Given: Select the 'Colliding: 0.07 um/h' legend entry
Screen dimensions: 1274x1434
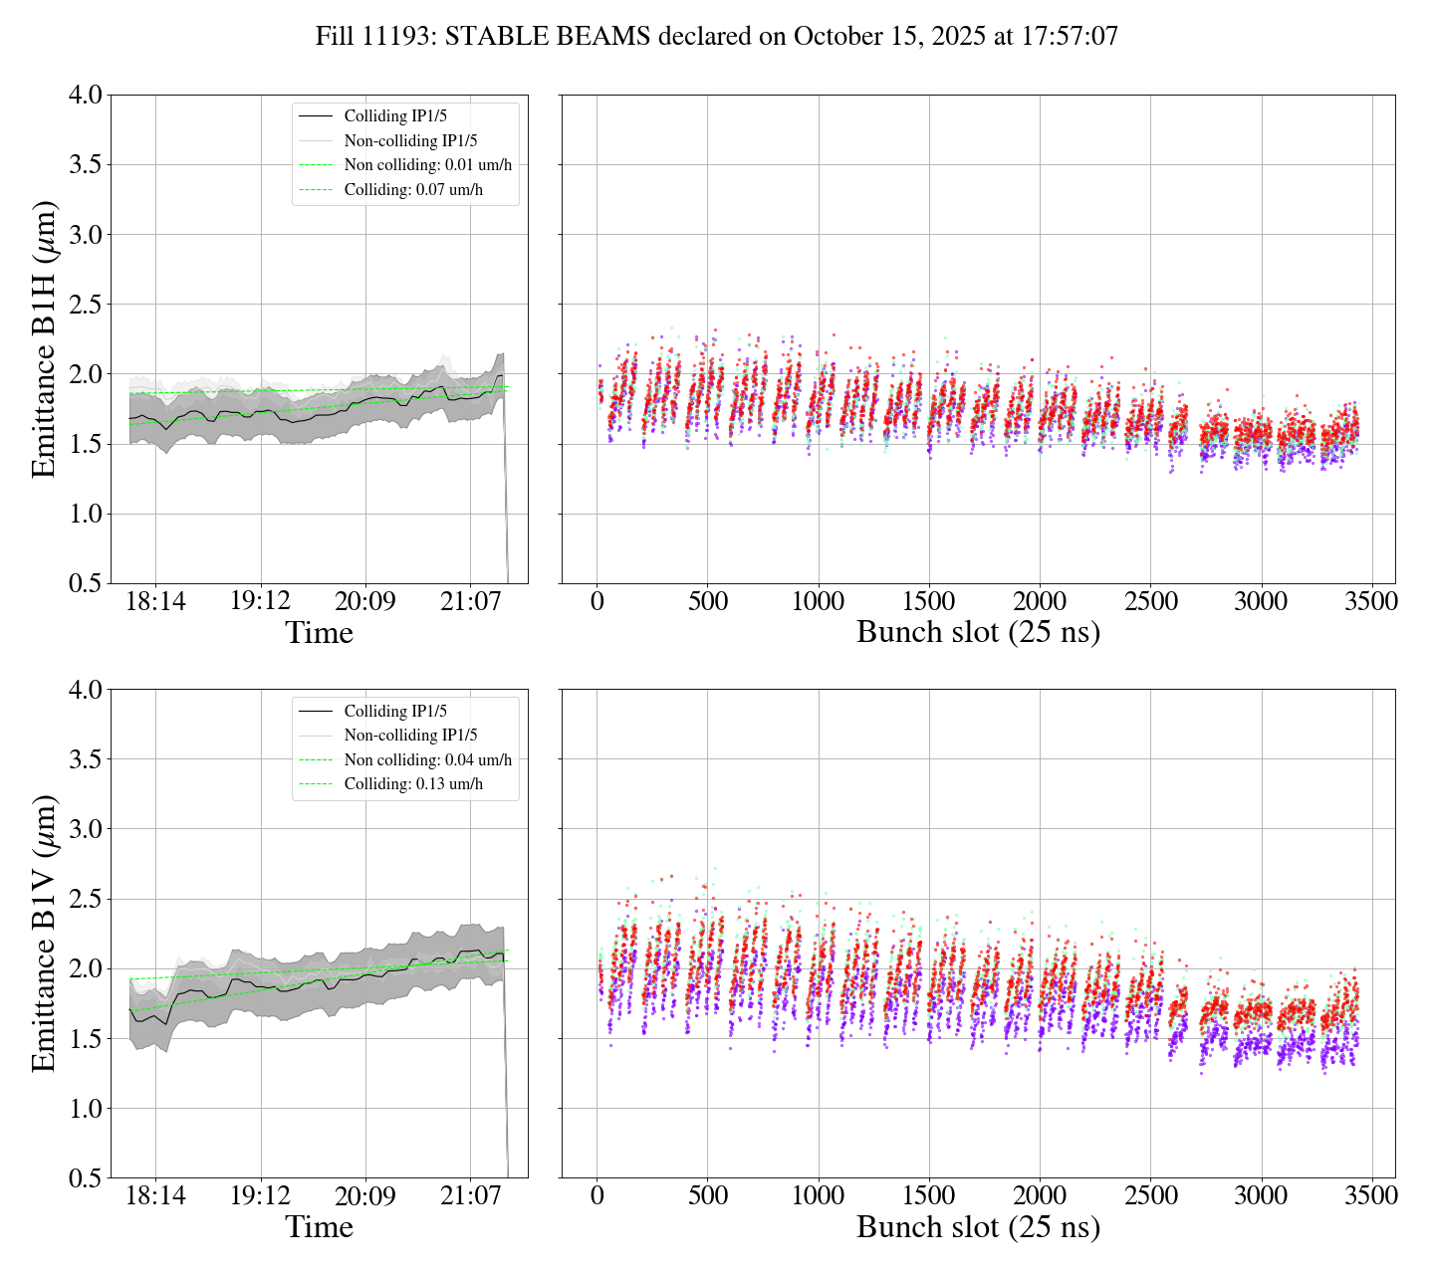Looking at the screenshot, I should click(x=413, y=189).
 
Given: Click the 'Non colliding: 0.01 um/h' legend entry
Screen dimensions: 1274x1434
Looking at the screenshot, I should click(x=427, y=165).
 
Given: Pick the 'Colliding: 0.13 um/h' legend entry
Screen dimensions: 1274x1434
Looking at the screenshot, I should click(x=413, y=784).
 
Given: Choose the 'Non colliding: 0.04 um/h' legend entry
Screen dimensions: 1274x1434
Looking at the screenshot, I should click(x=427, y=760).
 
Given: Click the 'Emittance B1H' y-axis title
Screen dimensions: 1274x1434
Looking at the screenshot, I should click(x=44, y=338).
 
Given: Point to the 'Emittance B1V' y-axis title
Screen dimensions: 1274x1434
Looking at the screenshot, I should click(x=44, y=934).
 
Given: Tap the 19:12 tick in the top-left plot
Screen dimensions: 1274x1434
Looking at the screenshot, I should click(x=261, y=602).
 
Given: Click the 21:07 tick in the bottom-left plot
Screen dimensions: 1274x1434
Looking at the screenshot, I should click(x=471, y=1195).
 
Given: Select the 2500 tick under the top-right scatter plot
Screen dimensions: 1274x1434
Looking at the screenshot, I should click(x=1150, y=602).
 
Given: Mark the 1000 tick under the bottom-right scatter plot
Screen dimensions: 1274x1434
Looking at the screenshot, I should click(x=818, y=1195).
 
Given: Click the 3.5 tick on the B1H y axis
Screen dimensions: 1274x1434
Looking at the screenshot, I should click(x=85, y=165).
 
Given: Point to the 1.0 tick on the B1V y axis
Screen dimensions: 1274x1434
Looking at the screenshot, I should click(x=85, y=1109).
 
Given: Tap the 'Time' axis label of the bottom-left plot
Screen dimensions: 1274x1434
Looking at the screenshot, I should click(x=319, y=1227).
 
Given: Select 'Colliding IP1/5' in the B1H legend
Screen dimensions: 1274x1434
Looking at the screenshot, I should click(x=395, y=116).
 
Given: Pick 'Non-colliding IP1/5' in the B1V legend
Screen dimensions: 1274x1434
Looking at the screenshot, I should click(x=410, y=736).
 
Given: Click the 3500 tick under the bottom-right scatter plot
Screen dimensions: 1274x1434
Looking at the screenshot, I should click(x=1371, y=1195).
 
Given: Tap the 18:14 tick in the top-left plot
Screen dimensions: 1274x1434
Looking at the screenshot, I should click(x=155, y=602).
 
